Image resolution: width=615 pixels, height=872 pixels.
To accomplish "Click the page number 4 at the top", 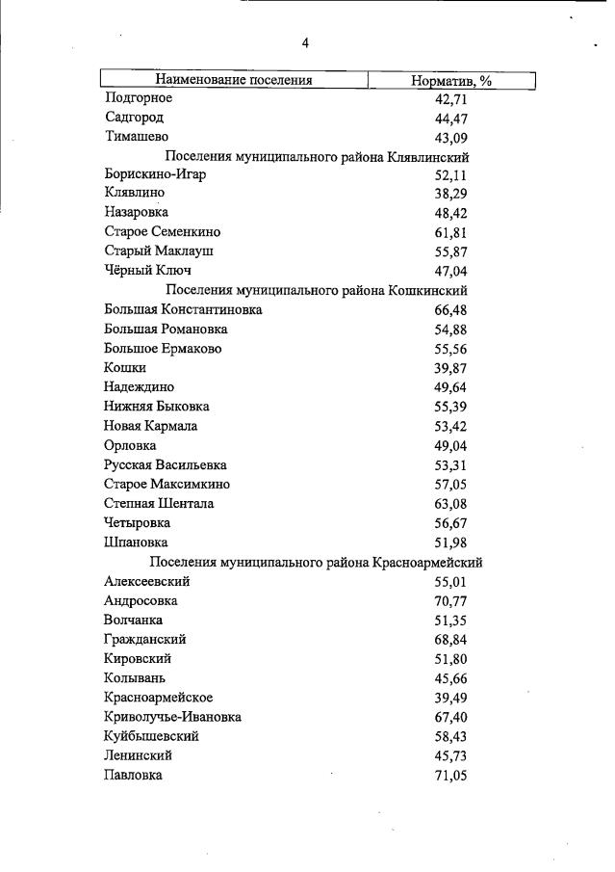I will tap(305, 43).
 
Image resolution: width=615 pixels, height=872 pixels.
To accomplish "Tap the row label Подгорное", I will tap(138, 98).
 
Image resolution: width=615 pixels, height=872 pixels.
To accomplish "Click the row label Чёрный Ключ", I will tap(146, 271).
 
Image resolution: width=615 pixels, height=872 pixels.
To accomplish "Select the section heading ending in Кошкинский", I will tap(317, 290).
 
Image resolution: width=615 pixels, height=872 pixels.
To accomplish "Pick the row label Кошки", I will tap(124, 368).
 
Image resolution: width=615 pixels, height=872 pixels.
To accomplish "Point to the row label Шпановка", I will tap(135, 542).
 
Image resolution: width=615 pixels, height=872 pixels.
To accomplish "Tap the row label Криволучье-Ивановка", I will tap(172, 717).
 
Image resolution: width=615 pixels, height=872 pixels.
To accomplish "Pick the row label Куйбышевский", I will tap(151, 736).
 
